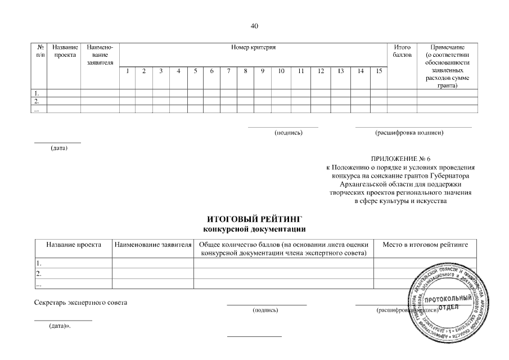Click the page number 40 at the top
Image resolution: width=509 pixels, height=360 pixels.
tap(254, 26)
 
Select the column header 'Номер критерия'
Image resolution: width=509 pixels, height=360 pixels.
tap(253, 48)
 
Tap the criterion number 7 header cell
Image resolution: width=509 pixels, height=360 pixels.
tap(229, 71)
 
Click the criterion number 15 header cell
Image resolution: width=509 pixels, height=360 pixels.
tap(379, 71)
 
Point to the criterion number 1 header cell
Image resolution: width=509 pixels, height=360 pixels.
tap(128, 71)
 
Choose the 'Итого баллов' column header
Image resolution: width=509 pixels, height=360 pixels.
tap(402, 52)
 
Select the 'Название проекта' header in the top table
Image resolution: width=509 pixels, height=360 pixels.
tap(64, 52)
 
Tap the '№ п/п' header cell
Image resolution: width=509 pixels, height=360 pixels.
tap(39, 52)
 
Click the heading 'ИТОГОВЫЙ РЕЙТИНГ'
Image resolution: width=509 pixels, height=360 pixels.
tap(254, 218)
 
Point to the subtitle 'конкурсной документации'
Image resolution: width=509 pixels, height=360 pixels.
tap(254, 228)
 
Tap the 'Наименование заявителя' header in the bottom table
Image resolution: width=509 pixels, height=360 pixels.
tap(152, 245)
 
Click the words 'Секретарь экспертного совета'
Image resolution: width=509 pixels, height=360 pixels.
tap(81, 303)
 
